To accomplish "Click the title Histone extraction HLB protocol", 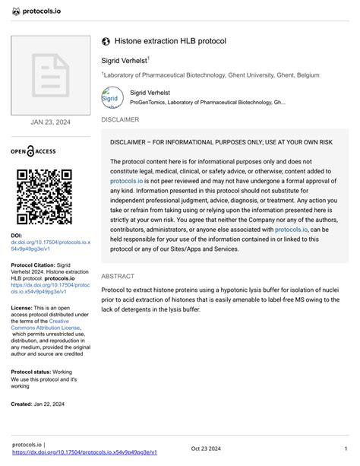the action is point(170,40).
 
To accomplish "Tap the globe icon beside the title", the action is point(106,40).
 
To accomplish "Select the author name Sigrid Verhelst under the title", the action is point(125,59).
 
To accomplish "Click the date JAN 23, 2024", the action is point(51,122).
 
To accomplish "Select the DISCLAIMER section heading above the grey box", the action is point(120,120).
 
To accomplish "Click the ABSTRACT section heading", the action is point(118,277).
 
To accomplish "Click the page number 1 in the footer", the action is point(346,448).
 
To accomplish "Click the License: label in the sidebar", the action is point(22,308).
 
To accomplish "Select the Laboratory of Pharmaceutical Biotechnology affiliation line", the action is point(211,75).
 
